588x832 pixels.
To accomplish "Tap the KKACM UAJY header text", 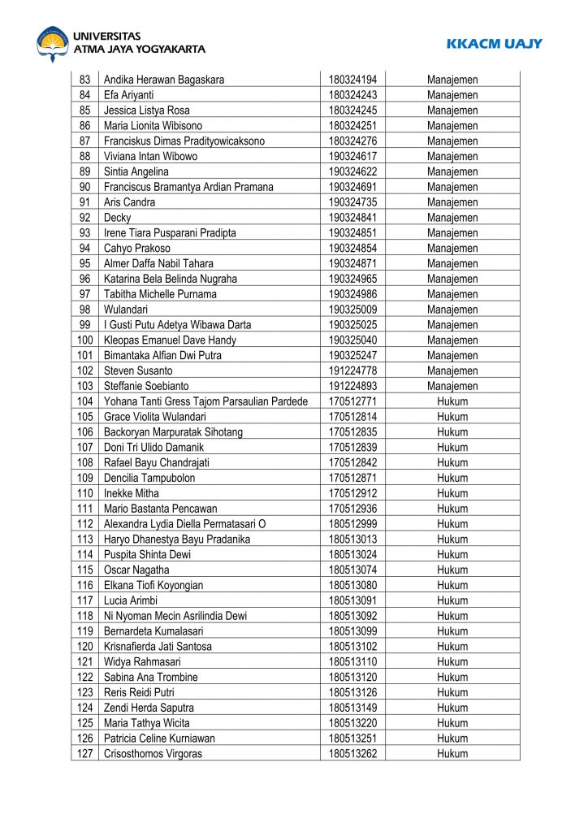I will coord(494,44).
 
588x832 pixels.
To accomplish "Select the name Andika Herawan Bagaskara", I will coord(164,80).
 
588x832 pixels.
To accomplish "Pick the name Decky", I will coord(117,218).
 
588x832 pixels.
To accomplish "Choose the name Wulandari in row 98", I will coord(126,310).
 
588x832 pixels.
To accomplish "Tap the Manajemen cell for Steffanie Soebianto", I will coord(452,386).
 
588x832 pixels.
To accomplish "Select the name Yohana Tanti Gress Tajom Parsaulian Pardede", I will coord(205,401).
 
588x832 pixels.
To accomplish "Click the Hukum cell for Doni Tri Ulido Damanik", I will coord(452,448).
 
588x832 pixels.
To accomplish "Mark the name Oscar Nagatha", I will coord(136,570).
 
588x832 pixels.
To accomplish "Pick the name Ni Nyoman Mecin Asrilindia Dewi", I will coord(175,616).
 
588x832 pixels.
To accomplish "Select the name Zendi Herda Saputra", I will coord(149,708).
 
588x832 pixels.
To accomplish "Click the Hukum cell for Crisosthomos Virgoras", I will coord(452,754).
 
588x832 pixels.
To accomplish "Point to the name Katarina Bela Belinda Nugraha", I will coord(171,279).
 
